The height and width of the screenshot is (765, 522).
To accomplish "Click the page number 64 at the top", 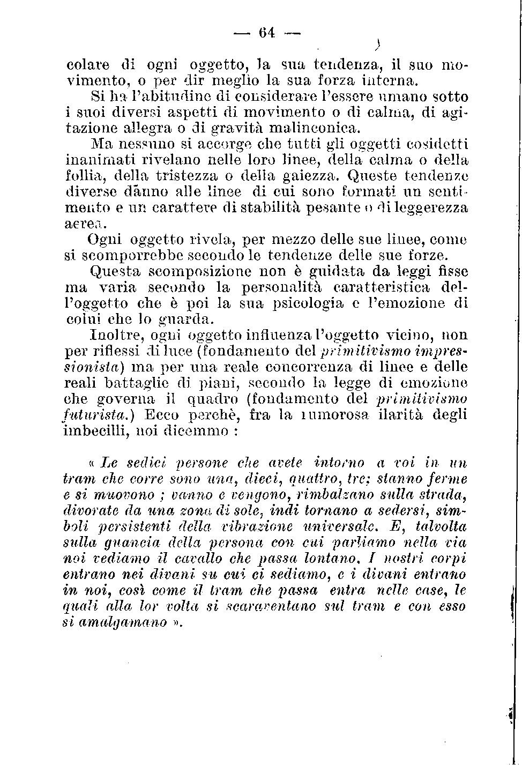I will [266, 33].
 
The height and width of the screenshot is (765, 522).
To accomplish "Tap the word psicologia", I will [308, 303].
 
